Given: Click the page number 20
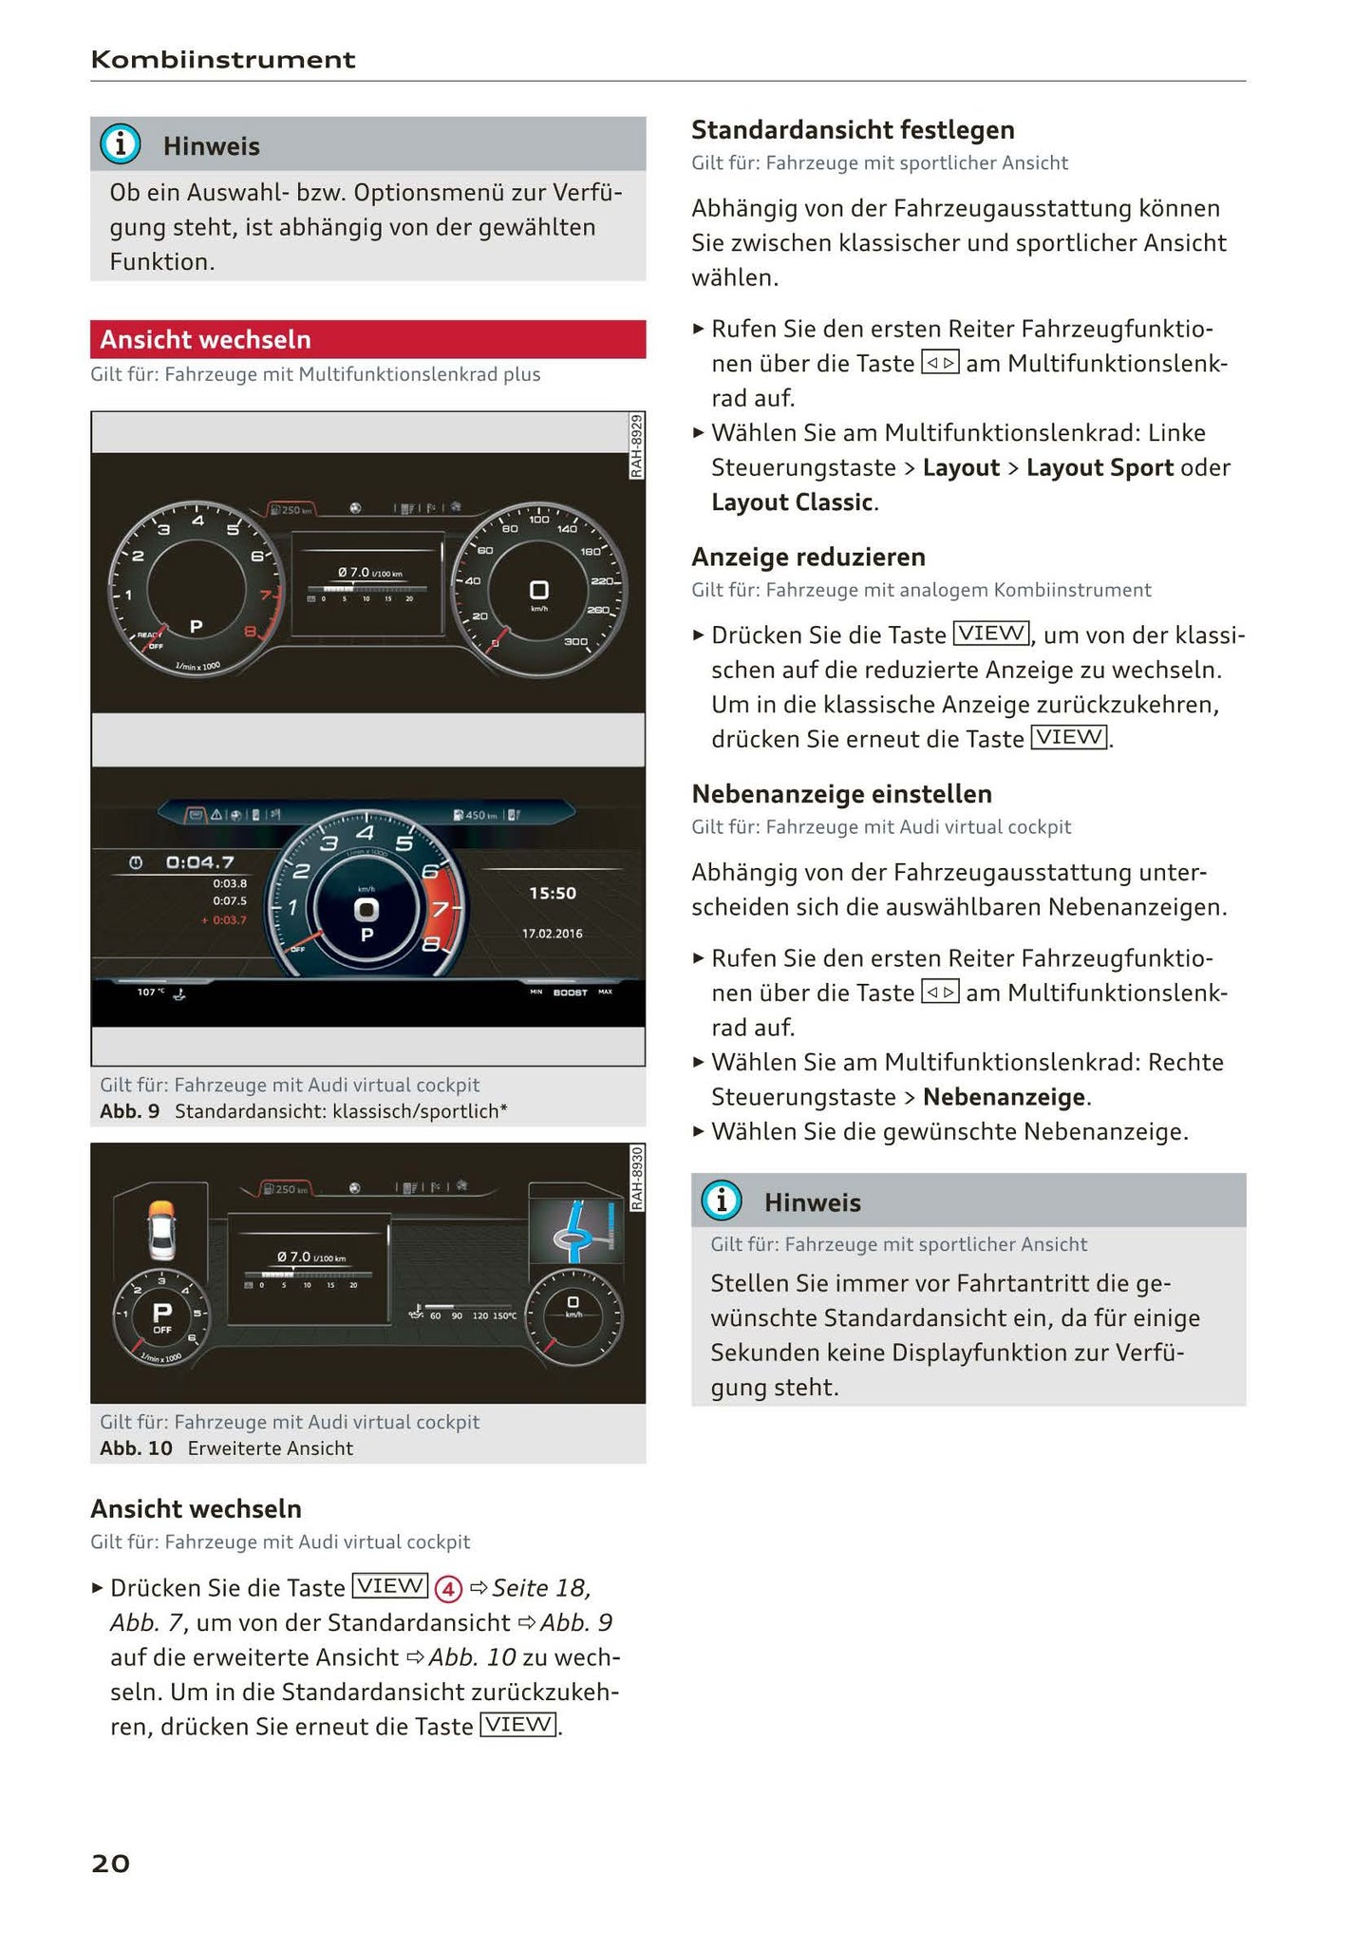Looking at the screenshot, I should [110, 1863].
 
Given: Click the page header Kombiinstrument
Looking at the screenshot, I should [222, 60].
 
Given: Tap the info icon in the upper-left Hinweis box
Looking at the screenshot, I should [121, 144].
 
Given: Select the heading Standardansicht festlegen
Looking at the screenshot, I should [852, 130].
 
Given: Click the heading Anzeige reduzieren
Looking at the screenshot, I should [807, 557].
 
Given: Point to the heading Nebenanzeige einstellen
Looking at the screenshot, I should [840, 794].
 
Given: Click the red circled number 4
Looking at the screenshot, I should [447, 1588].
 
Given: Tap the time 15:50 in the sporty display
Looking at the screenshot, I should [552, 893].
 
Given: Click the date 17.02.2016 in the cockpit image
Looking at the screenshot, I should [552, 934].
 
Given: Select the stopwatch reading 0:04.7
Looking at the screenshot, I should [199, 862].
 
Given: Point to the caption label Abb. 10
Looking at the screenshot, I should [136, 1448].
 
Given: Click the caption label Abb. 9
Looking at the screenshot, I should [129, 1111].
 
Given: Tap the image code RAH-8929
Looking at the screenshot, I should [636, 445].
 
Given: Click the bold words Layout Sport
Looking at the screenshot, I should [1099, 467].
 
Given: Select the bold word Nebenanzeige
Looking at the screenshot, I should [1004, 1097].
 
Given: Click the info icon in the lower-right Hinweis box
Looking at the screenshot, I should [721, 1201].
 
